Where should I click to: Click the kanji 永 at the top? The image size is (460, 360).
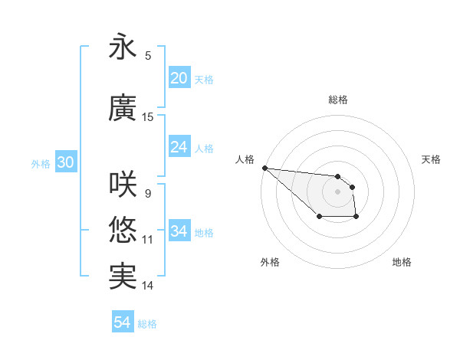122,47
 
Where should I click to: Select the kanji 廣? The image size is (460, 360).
122,109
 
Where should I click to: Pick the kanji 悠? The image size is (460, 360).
122,230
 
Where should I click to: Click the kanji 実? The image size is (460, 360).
122,276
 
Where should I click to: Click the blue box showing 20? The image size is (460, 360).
179,78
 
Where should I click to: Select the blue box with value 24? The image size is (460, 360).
179,147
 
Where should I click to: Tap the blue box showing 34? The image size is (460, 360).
179,231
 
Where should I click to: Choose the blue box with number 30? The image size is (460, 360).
65,162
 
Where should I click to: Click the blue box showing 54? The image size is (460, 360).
122,322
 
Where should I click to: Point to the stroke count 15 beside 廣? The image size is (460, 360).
148,117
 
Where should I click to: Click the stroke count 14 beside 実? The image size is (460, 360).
148,286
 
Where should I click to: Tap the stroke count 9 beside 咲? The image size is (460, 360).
148,193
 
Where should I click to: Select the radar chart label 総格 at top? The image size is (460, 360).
338,100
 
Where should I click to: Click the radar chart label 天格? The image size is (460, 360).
432,159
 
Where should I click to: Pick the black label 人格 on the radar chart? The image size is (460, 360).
245,159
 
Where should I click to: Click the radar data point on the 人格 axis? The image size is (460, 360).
264,168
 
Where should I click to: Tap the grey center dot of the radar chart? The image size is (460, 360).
337,191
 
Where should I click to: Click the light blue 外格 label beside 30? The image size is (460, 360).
41,163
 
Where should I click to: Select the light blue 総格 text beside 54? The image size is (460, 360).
147,324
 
